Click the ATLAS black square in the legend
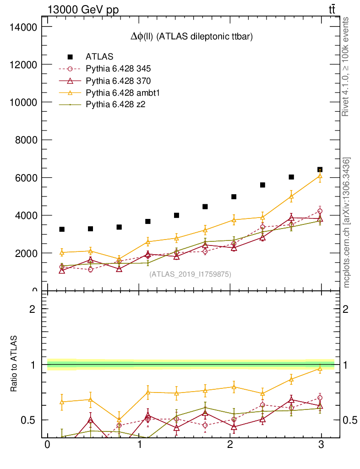(x=71, y=57)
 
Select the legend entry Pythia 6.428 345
(x=118, y=69)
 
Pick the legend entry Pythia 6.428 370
(x=118, y=81)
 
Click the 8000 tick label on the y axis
(x=25, y=140)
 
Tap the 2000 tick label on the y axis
(x=25, y=253)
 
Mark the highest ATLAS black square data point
(x=320, y=170)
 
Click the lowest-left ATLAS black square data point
(x=62, y=229)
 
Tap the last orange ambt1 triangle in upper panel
(x=320, y=175)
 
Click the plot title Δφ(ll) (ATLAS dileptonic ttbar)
(x=191, y=38)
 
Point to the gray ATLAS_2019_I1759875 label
(x=190, y=274)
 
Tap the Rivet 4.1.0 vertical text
(x=346, y=66)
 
